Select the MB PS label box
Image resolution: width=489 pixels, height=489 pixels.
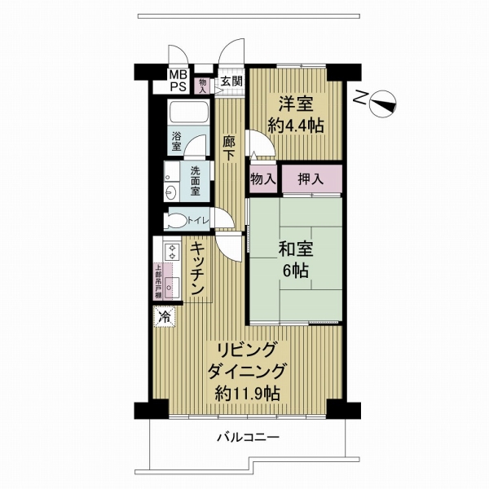coord(177,81)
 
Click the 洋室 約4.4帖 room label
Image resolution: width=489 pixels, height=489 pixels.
coord(294,114)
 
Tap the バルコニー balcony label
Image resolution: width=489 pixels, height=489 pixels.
coord(248,438)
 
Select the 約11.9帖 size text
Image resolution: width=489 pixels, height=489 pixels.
coord(248,394)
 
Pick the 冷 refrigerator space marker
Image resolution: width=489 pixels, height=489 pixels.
coord(165,316)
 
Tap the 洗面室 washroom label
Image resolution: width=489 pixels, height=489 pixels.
coord(196,182)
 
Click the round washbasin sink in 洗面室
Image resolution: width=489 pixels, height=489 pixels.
coord(170,192)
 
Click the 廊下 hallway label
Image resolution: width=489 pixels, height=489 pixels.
coord(230,146)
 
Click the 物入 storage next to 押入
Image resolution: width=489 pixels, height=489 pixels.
coord(262,178)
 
